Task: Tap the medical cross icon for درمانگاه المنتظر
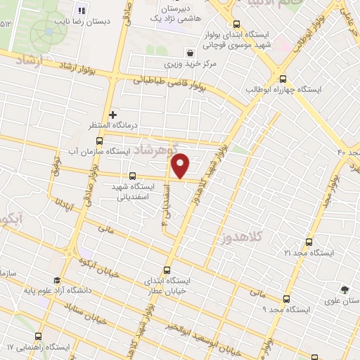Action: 112,114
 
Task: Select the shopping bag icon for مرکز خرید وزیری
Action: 191,53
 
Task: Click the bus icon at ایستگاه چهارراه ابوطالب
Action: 283,79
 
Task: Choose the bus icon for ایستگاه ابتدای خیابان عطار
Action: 167,270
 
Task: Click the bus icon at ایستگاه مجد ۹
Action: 285,298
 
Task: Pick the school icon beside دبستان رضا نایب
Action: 80,11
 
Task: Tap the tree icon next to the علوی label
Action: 344,289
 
